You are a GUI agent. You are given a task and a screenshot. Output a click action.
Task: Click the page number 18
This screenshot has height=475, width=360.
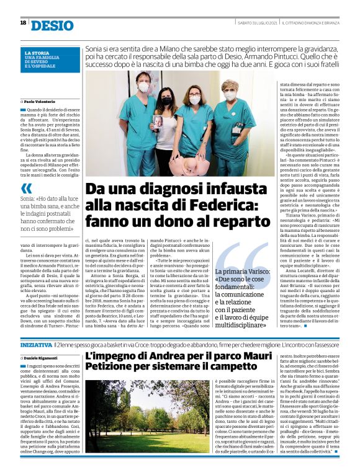23,23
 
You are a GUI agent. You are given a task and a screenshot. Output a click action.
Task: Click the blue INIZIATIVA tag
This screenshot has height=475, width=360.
35,344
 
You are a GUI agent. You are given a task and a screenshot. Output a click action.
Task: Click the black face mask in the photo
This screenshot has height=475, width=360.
166,99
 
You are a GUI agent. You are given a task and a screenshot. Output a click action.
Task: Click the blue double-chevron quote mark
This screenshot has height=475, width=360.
27,188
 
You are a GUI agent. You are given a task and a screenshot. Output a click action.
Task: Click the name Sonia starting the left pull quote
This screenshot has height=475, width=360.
29,198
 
